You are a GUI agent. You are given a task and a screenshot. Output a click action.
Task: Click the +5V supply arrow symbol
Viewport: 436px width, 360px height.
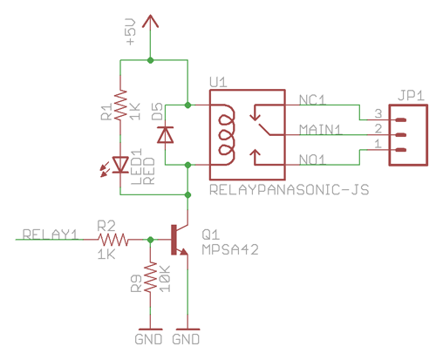tap(150, 22)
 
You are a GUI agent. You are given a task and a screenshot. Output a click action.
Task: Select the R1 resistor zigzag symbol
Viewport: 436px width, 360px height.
tap(120, 105)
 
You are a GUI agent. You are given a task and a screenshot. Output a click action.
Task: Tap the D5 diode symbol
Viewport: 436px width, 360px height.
tap(166, 135)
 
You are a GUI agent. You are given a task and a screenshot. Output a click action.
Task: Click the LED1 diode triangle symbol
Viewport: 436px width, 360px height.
tap(120, 165)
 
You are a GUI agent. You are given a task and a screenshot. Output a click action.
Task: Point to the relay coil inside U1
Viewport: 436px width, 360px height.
tap(226, 135)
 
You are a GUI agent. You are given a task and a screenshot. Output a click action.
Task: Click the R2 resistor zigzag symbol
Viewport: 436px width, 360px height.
tap(113, 240)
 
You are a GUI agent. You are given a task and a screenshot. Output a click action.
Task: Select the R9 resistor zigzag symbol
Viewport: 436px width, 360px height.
tap(150, 277)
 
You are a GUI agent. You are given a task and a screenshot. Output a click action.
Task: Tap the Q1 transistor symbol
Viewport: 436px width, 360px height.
tap(180, 240)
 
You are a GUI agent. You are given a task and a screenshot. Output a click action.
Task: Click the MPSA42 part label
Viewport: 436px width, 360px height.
tap(230, 249)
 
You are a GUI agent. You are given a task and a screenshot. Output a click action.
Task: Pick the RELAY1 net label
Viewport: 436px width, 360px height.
tap(51, 234)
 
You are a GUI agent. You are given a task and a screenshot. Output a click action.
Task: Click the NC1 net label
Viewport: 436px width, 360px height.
tap(312, 100)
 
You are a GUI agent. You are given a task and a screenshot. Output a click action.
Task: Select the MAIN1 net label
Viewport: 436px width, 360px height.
tap(320, 130)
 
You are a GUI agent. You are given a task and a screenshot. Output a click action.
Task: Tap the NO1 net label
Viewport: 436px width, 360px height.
tap(312, 160)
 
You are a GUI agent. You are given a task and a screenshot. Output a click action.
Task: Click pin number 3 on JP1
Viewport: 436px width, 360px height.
tap(378, 113)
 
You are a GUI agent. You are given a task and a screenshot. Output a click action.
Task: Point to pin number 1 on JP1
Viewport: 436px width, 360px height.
tap(378, 144)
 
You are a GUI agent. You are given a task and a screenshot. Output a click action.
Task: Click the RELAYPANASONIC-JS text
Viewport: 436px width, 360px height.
tap(290, 190)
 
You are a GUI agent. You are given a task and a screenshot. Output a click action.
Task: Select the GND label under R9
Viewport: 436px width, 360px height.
tap(148, 339)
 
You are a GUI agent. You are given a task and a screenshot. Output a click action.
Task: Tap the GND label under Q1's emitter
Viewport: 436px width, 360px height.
tap(186, 339)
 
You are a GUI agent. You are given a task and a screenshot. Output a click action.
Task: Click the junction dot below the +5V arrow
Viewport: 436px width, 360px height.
tap(150, 60)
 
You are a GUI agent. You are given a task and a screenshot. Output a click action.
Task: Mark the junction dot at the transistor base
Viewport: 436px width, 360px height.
tap(150, 240)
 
